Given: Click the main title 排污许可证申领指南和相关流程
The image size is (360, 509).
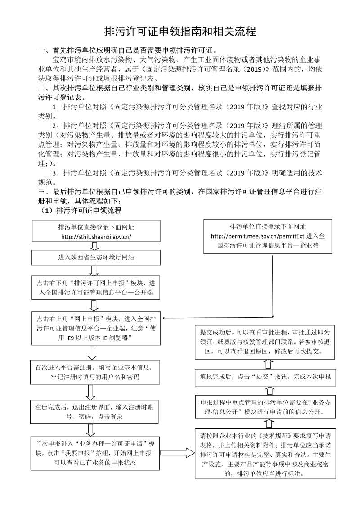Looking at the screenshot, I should point(180,32).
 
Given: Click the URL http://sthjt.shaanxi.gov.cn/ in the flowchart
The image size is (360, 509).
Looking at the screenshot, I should point(95,237).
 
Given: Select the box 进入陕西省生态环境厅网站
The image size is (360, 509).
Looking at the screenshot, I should point(95,257).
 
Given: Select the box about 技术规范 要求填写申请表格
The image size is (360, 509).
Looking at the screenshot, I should point(268,454).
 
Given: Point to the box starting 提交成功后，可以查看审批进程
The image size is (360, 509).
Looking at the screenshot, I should point(268,342).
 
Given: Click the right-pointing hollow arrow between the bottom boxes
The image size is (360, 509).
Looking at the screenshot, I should point(177,453).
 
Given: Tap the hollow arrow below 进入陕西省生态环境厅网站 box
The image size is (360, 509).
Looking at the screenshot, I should point(94,270).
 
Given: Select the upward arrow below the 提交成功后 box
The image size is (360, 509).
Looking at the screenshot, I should point(268,364).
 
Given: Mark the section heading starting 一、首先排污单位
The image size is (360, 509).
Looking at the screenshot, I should point(130,50).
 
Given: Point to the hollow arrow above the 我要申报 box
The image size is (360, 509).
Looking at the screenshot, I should point(90,431).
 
